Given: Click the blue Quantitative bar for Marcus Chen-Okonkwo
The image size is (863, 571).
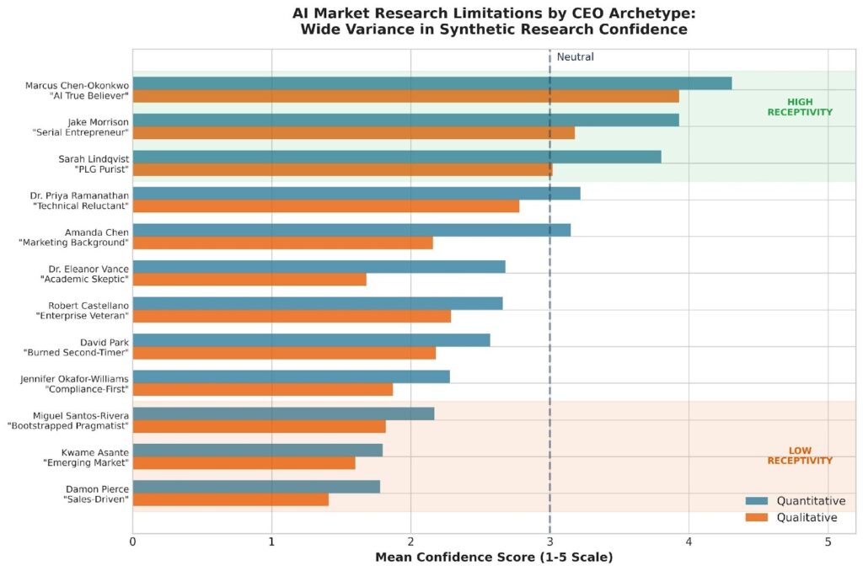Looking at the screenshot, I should tap(431, 83).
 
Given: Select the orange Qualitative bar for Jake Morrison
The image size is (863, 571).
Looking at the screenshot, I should tap(353, 133).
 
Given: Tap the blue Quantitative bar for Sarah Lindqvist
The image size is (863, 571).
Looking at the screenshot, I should tap(396, 157).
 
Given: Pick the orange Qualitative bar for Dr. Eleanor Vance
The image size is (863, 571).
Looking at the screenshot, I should tap(249, 280).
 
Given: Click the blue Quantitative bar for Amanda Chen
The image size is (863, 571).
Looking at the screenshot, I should tap(351, 230).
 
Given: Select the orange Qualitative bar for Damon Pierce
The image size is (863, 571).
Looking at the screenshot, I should tap(230, 500).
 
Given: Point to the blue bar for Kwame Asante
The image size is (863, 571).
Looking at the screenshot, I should tap(257, 451).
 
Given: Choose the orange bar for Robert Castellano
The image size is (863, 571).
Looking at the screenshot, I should tap(291, 317).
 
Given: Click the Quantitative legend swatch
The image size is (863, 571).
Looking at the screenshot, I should tap(757, 501).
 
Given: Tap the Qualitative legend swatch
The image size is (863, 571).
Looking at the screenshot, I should tap(757, 517).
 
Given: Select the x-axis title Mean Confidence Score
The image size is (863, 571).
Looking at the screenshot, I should tap(493, 558).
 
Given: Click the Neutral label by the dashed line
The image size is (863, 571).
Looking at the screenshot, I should tap(575, 57).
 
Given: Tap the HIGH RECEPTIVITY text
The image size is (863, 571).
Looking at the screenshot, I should tap(799, 107).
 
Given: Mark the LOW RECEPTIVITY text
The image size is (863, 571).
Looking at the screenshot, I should tap(799, 456).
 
